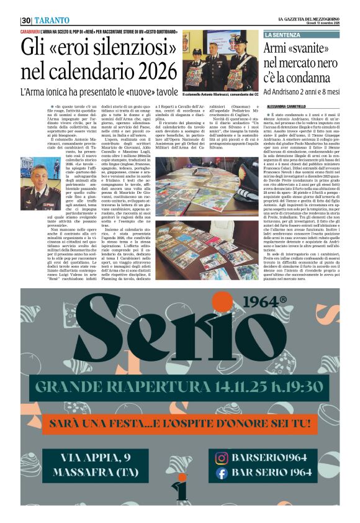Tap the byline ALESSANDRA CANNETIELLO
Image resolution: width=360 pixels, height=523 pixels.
[289, 106]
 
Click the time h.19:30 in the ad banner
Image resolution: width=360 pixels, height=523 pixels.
[291, 387]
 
